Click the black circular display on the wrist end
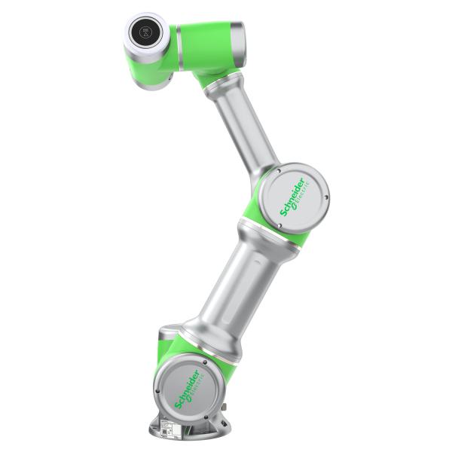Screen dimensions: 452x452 [x=146, y=32]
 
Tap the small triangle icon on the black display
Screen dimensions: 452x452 [x=146, y=35]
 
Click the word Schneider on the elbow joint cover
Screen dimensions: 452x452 [x=292, y=197]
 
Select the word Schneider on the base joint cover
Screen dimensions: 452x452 [x=187, y=389]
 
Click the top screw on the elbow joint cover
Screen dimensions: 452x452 [x=279, y=171]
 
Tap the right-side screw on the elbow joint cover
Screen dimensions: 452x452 [x=326, y=197]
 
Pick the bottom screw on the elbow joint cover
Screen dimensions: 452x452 [x=279, y=226]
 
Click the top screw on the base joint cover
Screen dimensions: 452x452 [x=205, y=362]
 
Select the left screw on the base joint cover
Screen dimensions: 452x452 [x=157, y=391]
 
